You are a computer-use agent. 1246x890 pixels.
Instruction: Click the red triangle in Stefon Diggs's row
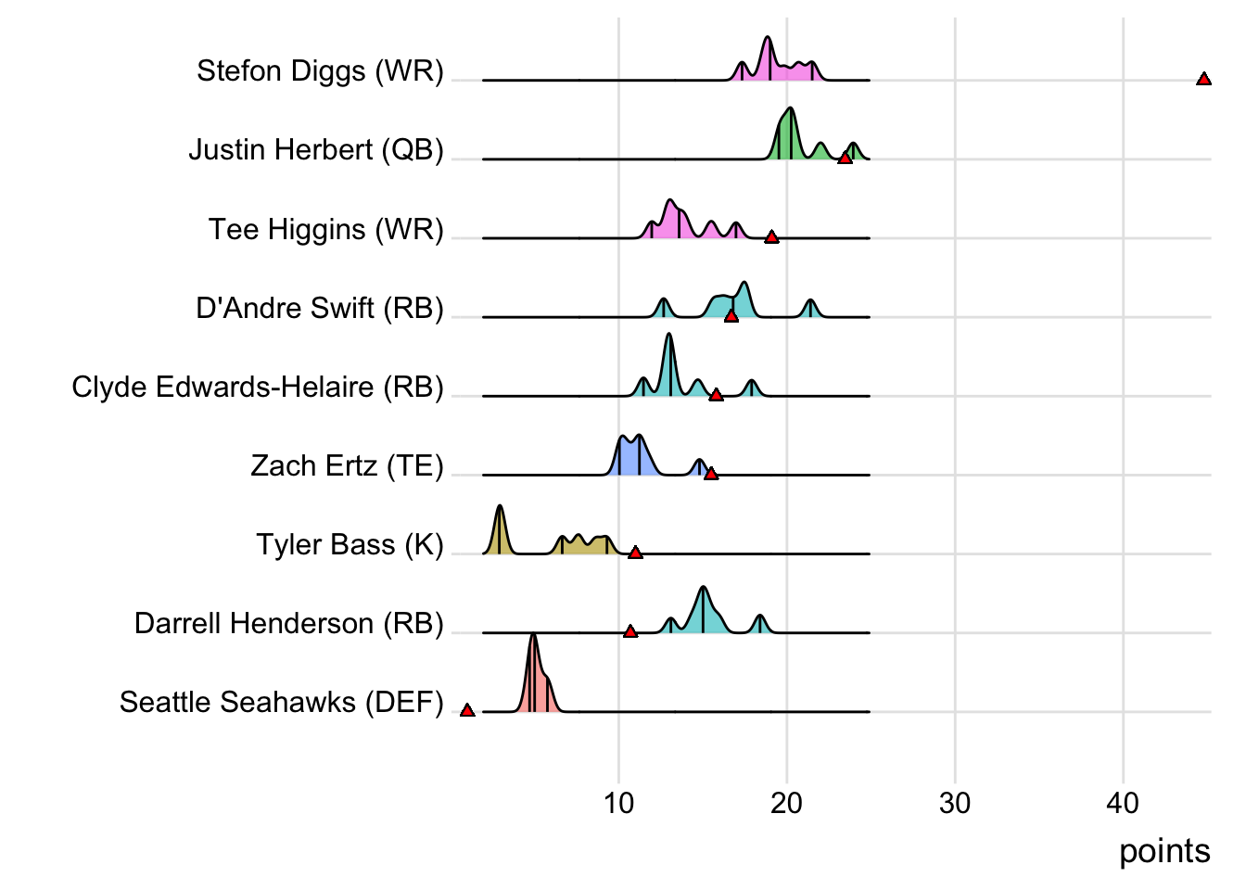pyautogui.click(x=1203, y=80)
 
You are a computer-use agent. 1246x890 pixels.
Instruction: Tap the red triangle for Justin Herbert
pyautogui.click(x=845, y=159)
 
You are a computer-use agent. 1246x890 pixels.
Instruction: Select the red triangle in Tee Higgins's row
pyautogui.click(x=771, y=237)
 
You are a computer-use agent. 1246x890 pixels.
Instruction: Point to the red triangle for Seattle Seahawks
pyautogui.click(x=467, y=710)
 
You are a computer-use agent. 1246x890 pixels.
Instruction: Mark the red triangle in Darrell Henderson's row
pyautogui.click(x=630, y=631)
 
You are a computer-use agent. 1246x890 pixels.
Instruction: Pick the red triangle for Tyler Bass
pyautogui.click(x=635, y=553)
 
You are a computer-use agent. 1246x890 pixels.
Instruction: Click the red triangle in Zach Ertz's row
pyautogui.click(x=711, y=474)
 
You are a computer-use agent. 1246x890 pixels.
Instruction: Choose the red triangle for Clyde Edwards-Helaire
pyautogui.click(x=716, y=395)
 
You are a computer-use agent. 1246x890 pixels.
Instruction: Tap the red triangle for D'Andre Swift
pyautogui.click(x=731, y=316)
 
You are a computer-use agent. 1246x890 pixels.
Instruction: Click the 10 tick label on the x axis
pyautogui.click(x=618, y=803)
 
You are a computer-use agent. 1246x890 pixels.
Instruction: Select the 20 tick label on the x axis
pyautogui.click(x=786, y=803)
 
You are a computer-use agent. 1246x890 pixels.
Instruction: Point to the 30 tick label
pyautogui.click(x=955, y=803)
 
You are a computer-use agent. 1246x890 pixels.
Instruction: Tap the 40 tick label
pyautogui.click(x=1123, y=803)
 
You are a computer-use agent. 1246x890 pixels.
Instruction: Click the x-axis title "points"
pyautogui.click(x=1164, y=851)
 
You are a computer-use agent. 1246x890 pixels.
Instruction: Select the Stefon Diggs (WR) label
pyautogui.click(x=320, y=70)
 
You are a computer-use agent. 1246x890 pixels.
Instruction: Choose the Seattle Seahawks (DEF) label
pyautogui.click(x=282, y=702)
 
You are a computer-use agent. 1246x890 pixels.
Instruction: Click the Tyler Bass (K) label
pyautogui.click(x=350, y=544)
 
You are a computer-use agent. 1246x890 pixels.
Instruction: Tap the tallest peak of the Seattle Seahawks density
pyautogui.click(x=533, y=637)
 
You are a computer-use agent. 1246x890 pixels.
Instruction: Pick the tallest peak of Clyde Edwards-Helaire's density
pyautogui.click(x=669, y=336)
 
